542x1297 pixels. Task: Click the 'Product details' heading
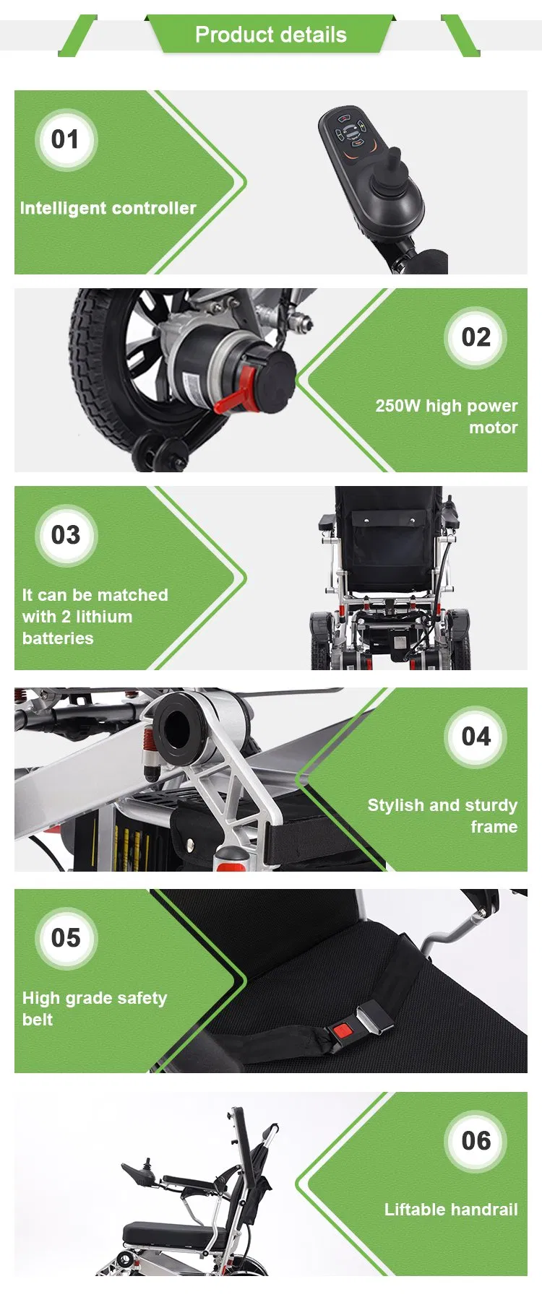click(x=270, y=35)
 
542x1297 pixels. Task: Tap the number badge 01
click(x=65, y=139)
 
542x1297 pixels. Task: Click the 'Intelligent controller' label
click(x=108, y=208)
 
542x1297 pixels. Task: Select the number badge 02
click(x=476, y=337)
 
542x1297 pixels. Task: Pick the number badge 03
click(x=65, y=535)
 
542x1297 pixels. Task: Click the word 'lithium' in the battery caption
click(x=104, y=617)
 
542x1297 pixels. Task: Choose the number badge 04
click(x=476, y=737)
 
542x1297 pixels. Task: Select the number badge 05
click(x=65, y=937)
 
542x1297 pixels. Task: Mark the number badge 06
click(x=476, y=1141)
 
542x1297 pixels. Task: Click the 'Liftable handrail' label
click(x=450, y=1209)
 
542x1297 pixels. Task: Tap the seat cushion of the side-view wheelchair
click(x=170, y=1229)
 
